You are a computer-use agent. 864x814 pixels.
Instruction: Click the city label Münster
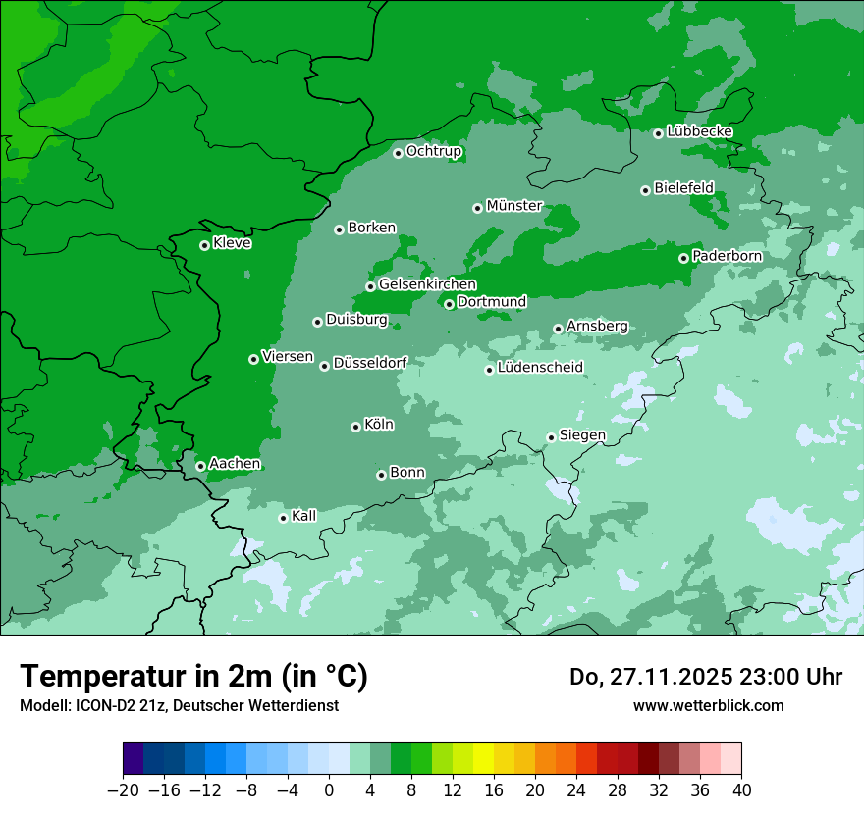coord(514,206)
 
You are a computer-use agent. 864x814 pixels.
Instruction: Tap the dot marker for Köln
coord(355,427)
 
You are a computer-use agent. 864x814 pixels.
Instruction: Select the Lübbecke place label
coord(699,131)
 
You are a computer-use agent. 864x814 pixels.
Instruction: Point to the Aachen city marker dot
coord(200,466)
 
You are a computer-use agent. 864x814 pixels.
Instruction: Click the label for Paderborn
coord(727,256)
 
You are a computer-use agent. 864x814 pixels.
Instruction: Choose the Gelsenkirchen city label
coord(427,284)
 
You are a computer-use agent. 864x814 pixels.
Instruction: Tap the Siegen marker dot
coord(551,437)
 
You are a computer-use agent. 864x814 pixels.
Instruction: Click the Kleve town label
coord(232,243)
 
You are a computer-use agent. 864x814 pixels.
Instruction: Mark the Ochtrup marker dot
coord(398,153)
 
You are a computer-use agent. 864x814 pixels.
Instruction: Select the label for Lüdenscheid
coord(540,368)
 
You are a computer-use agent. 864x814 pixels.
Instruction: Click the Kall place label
coord(304,516)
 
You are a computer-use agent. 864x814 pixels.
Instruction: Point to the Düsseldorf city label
coord(370,363)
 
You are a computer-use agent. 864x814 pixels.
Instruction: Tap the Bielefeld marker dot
coord(645,190)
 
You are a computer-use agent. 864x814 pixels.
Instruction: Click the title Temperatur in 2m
coord(194,677)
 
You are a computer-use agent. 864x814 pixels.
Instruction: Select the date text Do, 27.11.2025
coord(658,677)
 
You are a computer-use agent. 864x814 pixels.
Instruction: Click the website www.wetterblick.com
coord(708,705)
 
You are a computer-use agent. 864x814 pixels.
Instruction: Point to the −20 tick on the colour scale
coord(123,790)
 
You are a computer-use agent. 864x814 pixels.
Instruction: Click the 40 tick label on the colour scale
coord(741,790)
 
